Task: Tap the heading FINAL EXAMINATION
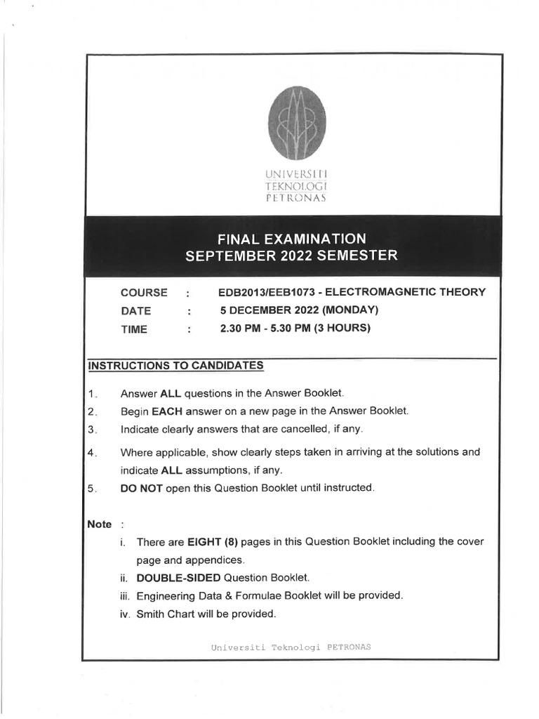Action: click(x=291, y=238)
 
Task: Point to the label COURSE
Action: click(x=144, y=293)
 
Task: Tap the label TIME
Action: click(x=134, y=329)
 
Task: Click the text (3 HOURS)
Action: click(x=342, y=328)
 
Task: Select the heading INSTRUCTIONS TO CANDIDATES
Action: click(x=175, y=365)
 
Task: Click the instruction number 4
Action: click(x=92, y=452)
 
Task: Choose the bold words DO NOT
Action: click(x=142, y=488)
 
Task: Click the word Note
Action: click(x=100, y=524)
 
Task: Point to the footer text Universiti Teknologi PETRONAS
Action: click(x=291, y=647)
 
